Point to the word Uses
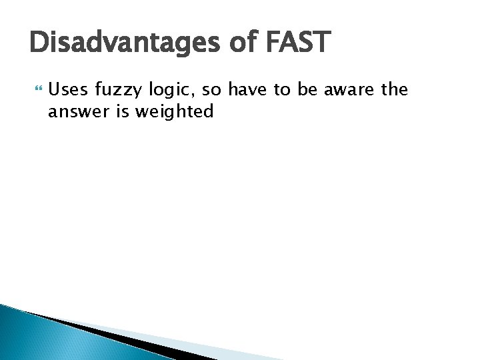69,89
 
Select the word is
123,111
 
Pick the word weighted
174,112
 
